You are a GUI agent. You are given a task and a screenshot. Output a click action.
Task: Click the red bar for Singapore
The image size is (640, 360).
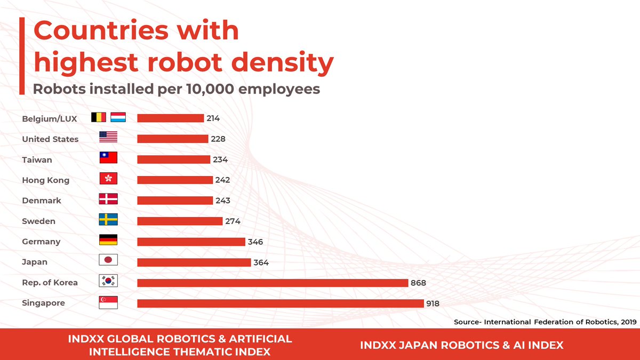coord(281,303)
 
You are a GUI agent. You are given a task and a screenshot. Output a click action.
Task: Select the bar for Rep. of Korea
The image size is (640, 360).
coord(273,283)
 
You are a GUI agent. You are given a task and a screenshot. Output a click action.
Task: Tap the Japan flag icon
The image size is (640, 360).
coord(108,260)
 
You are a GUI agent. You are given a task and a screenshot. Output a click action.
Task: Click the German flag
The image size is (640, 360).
coord(108,240)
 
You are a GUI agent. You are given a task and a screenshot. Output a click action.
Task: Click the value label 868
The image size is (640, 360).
coord(418,283)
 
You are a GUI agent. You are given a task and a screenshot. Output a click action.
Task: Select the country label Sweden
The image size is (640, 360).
coord(38,221)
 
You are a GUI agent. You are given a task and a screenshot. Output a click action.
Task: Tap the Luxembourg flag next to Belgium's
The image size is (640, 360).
coord(118,117)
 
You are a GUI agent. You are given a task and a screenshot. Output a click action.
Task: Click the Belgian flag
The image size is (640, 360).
coord(99,117)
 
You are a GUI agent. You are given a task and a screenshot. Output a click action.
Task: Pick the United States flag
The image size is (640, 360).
coord(108,138)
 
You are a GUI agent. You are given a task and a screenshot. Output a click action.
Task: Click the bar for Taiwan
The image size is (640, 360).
coord(173,159)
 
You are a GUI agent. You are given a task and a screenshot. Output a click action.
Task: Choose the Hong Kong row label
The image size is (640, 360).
coord(45,180)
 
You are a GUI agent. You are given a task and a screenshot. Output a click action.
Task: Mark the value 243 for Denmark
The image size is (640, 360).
coord(223,201)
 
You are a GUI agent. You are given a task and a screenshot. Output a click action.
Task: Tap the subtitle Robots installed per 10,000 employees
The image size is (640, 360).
coord(177,89)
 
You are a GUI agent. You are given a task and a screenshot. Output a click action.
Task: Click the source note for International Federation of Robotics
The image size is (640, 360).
coord(545,322)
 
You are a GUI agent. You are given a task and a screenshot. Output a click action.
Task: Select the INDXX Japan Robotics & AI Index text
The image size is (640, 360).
coord(461,345)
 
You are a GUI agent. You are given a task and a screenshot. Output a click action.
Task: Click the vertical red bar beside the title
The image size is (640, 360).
coord(22,55)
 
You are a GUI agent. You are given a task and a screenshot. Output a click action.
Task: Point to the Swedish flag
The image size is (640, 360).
coord(108,220)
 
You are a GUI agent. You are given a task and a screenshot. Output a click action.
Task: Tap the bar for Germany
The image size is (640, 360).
coord(191,242)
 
